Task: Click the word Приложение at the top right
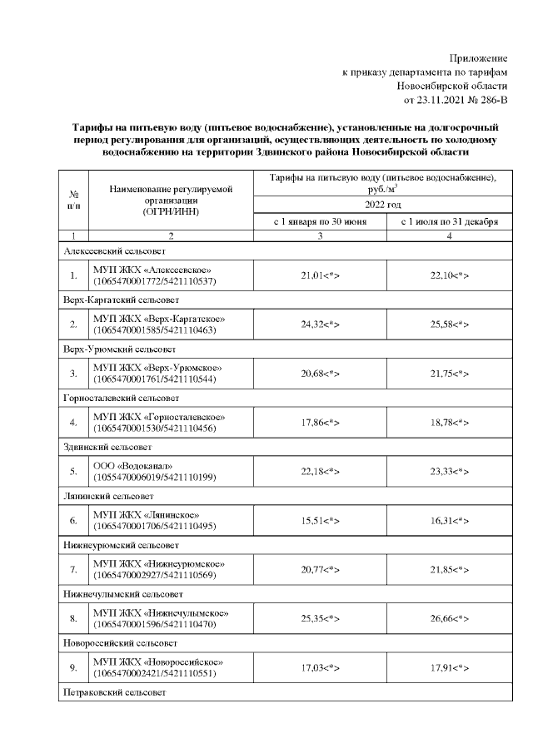click(478, 58)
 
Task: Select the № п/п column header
click(73, 200)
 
